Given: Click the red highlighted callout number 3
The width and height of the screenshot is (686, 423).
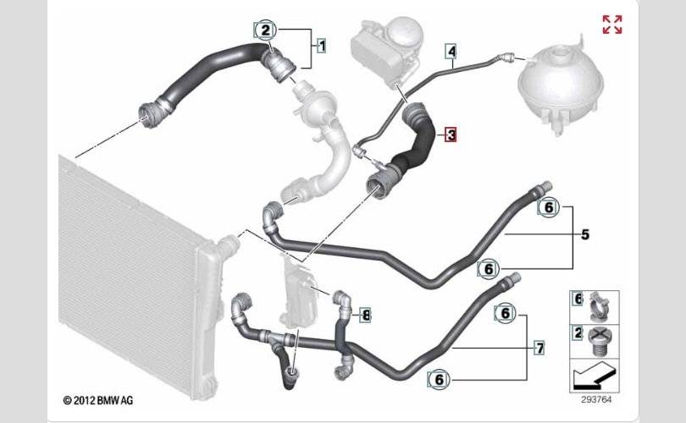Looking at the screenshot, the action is (x=451, y=135).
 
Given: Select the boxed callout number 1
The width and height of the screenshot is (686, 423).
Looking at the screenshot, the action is (x=322, y=46).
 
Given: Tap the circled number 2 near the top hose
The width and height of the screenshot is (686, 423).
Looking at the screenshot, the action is (x=266, y=30).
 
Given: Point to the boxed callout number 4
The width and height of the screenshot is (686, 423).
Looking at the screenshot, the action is (x=451, y=51).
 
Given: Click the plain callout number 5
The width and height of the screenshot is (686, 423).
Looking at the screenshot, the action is (x=585, y=234).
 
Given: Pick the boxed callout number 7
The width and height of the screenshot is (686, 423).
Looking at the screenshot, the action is (x=540, y=349).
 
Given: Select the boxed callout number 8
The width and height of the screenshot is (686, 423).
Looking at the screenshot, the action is (x=366, y=315).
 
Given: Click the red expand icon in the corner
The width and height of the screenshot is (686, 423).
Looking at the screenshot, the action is (x=612, y=25).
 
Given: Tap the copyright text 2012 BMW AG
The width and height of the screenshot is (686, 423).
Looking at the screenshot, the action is (x=98, y=400).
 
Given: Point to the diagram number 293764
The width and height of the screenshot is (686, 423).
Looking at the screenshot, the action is (x=596, y=399).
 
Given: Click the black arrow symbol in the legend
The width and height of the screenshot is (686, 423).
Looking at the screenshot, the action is (x=595, y=376).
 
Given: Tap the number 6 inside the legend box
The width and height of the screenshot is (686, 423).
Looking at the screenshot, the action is (x=578, y=299).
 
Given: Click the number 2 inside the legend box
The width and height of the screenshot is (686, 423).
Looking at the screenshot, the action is (x=578, y=333).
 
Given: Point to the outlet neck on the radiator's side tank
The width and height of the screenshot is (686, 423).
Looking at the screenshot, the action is (x=230, y=246).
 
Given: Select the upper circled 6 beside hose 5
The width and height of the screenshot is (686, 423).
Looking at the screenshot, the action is (x=549, y=207).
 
